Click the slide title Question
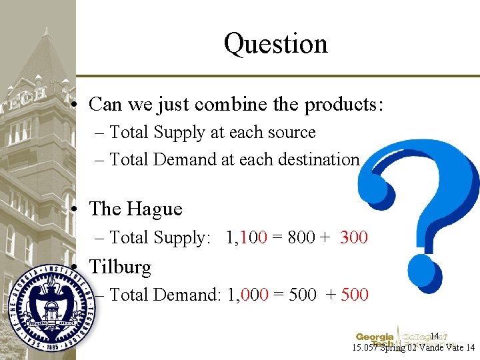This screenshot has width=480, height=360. [x=276, y=43]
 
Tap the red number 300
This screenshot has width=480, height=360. [x=353, y=237]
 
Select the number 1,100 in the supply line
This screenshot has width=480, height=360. [x=247, y=237]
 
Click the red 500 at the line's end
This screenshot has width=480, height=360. [x=355, y=294]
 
